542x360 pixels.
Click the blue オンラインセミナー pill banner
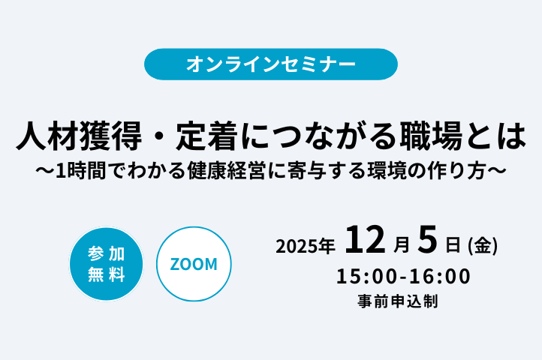click(x=271, y=64)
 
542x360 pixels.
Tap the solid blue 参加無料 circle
click(x=106, y=264)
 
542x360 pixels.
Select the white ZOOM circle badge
click(x=194, y=264)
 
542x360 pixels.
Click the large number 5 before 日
click(x=427, y=241)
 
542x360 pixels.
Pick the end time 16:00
click(x=442, y=277)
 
